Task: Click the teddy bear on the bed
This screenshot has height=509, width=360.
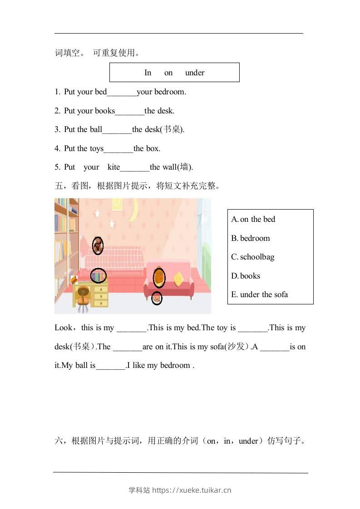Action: (x=98, y=245)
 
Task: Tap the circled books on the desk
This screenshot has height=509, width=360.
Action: (x=99, y=275)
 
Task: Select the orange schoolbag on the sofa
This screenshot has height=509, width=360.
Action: (x=159, y=278)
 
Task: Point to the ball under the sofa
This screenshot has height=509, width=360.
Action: (x=157, y=298)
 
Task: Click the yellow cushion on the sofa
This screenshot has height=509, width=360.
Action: (x=179, y=278)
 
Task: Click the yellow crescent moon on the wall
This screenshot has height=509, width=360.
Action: (x=134, y=211)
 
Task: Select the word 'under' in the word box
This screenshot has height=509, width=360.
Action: (x=195, y=73)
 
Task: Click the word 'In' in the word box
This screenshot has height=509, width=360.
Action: (x=148, y=73)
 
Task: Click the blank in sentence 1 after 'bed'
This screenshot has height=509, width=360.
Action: (x=122, y=92)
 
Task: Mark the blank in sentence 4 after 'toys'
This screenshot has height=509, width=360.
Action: (x=118, y=149)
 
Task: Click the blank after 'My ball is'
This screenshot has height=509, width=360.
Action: (x=110, y=366)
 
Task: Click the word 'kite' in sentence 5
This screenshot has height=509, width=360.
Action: (x=113, y=167)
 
